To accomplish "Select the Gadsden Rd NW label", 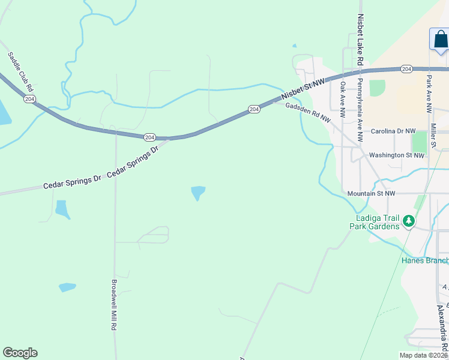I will [308, 112].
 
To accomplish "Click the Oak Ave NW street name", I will [343, 100].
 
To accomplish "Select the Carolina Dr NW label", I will [393, 131].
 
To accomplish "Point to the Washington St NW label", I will [396, 155].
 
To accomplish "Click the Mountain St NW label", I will [371, 194].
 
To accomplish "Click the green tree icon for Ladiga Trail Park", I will [409, 221].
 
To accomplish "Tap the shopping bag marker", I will [440, 40].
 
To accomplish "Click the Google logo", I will [20, 353].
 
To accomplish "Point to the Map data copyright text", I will [423, 355].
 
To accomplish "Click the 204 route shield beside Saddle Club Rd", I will [29, 98].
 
